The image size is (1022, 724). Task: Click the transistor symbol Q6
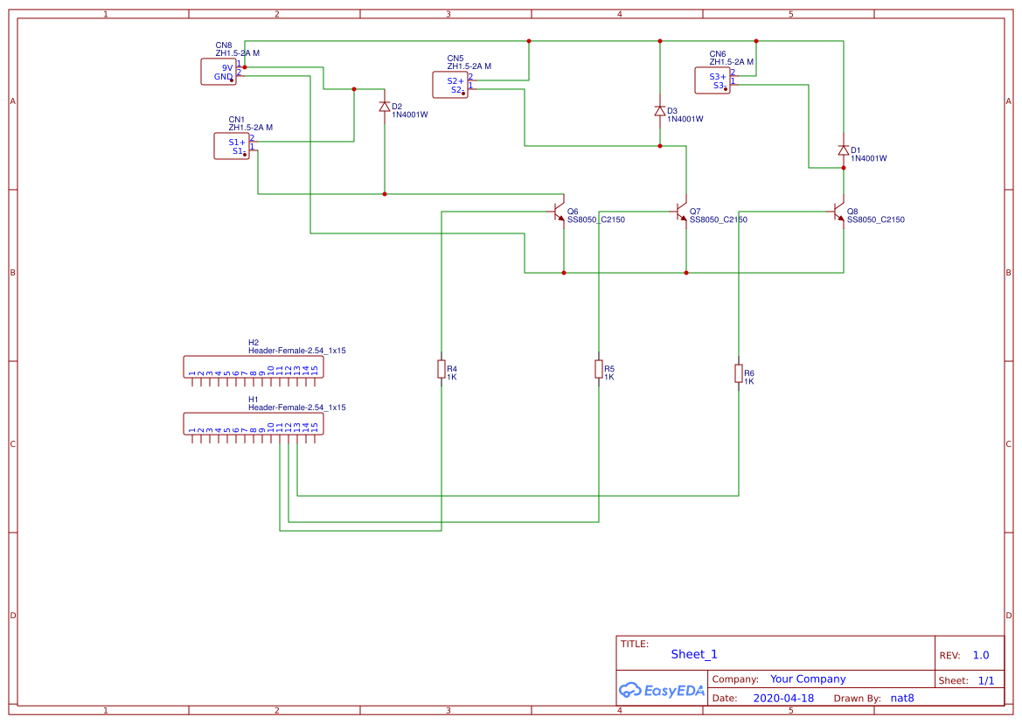tap(560, 212)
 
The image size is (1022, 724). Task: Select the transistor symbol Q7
tap(682, 212)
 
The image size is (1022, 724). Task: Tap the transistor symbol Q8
tap(839, 212)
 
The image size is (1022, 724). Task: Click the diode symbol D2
tap(385, 107)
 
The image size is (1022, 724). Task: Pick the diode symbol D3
tap(660, 111)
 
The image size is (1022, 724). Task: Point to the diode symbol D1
tap(844, 150)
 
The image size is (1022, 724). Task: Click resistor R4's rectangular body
tap(441, 370)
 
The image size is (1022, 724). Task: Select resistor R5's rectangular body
tap(599, 369)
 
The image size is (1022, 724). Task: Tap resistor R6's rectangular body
tap(739, 374)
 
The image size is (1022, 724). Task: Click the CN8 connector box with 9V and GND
tap(219, 72)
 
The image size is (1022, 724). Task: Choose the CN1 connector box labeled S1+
tap(232, 146)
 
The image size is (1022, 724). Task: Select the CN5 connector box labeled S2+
tap(450, 85)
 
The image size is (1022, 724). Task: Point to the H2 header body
tap(253, 366)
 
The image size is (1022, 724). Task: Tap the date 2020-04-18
tap(782, 699)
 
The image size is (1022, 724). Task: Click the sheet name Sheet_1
tap(694, 654)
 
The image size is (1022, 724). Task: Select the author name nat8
tap(901, 699)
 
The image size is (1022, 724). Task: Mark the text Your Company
tap(808, 679)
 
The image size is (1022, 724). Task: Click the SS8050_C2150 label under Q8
tap(875, 220)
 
